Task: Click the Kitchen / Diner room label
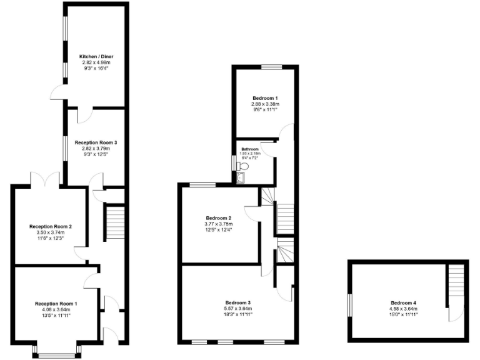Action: point(96,56)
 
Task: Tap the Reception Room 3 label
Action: point(96,142)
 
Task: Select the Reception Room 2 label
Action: point(51,226)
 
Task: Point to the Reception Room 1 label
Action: point(56,303)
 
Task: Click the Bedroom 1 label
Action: point(264,98)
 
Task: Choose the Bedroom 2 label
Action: point(218,218)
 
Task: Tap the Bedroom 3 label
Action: point(237,302)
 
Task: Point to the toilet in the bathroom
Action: point(244,167)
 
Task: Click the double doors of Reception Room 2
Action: point(44,179)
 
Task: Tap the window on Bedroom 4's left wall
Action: point(350,302)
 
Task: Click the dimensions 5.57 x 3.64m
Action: point(237,309)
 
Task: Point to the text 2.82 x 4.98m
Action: point(96,62)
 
